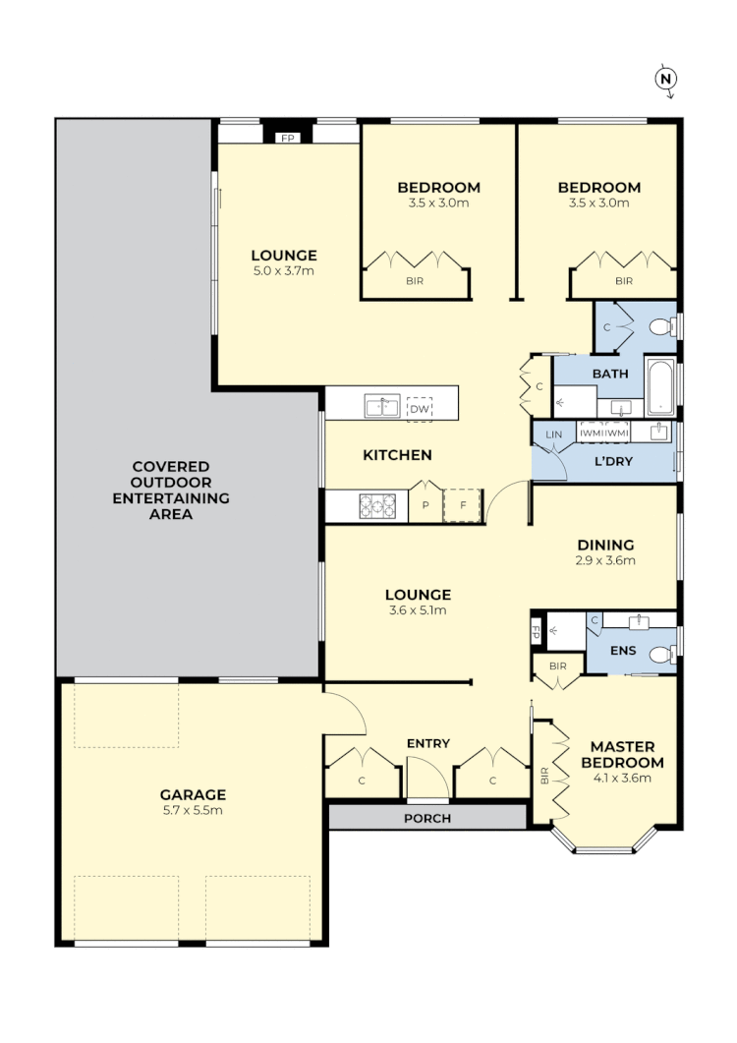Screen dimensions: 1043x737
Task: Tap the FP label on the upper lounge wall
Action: [288, 139]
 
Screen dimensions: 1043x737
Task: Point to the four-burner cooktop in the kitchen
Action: [377, 505]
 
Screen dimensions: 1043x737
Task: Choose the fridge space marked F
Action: [462, 506]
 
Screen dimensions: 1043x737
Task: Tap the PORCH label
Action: [427, 818]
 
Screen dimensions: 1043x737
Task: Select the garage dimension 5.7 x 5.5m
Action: [194, 811]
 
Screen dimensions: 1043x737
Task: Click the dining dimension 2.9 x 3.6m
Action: [605, 561]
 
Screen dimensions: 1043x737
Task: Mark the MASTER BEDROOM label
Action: [622, 754]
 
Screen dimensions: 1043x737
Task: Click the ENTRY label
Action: [428, 743]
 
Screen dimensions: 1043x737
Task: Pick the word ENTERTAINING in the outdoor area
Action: [171, 498]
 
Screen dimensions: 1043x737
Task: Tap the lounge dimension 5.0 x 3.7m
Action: [282, 270]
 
